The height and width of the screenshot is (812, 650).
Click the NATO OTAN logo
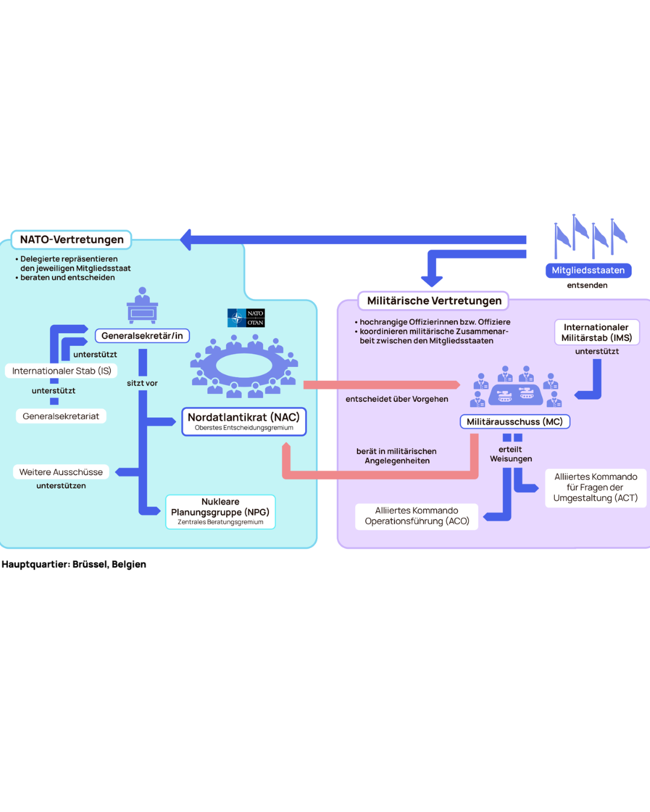(246, 318)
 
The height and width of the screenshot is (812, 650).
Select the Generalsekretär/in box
(142, 336)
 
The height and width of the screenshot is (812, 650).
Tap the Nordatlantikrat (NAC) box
(244, 422)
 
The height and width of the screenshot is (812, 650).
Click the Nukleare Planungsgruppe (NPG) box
(220, 512)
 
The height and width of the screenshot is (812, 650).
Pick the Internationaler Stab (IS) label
(61, 371)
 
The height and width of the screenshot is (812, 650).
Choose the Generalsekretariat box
(61, 416)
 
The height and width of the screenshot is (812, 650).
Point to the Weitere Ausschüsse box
(61, 472)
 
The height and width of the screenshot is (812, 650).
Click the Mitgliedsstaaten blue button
(589, 271)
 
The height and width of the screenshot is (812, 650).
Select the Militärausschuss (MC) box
(515, 422)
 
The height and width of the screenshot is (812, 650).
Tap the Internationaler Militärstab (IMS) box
(597, 333)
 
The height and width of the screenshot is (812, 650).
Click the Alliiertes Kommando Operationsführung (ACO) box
(416, 516)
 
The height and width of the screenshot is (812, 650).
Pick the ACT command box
(596, 488)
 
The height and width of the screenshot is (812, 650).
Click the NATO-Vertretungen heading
(72, 239)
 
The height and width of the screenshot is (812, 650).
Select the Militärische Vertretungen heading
(433, 301)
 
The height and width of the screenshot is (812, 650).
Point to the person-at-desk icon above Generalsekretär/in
(142, 306)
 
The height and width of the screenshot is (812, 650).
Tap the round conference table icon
(244, 366)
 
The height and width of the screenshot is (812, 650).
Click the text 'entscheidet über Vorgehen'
(397, 399)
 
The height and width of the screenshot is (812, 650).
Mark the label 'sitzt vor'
(142, 383)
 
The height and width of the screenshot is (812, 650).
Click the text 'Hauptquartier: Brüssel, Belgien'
(73, 564)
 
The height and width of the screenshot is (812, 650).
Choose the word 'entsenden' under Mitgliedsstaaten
(587, 286)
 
